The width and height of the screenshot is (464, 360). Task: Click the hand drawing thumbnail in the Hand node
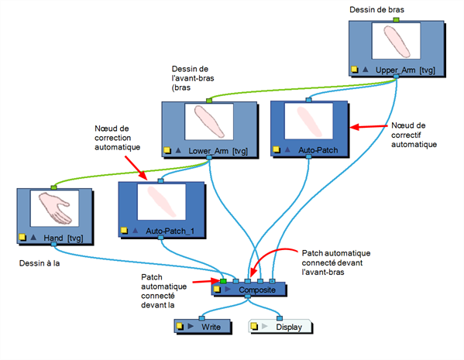[55, 208]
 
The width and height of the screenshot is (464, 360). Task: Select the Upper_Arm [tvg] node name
[405, 70]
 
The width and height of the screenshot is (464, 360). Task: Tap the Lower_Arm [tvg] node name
[218, 151]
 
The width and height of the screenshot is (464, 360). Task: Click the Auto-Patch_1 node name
[170, 231]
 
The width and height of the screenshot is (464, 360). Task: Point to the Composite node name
[257, 290]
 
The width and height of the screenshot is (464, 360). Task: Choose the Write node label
[211, 327]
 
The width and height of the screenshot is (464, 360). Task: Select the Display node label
[289, 327]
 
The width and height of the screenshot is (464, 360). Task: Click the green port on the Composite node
[223, 281]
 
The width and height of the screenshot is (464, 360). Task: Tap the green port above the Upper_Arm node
[397, 20]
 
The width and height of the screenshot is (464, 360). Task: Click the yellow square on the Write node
[180, 327]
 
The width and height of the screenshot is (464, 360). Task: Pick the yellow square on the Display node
[254, 326]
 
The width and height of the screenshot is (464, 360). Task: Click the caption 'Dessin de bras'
[376, 10]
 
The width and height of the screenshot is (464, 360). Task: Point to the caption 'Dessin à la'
[40, 263]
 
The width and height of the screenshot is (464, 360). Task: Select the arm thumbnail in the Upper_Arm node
[397, 41]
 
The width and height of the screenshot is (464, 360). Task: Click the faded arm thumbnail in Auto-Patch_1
[162, 202]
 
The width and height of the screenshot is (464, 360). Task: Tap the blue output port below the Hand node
[53, 244]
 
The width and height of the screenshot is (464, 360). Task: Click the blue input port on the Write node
[201, 318]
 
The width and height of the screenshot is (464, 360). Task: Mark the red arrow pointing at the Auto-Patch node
[369, 127]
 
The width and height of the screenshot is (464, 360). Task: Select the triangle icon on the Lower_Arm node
[178, 150]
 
